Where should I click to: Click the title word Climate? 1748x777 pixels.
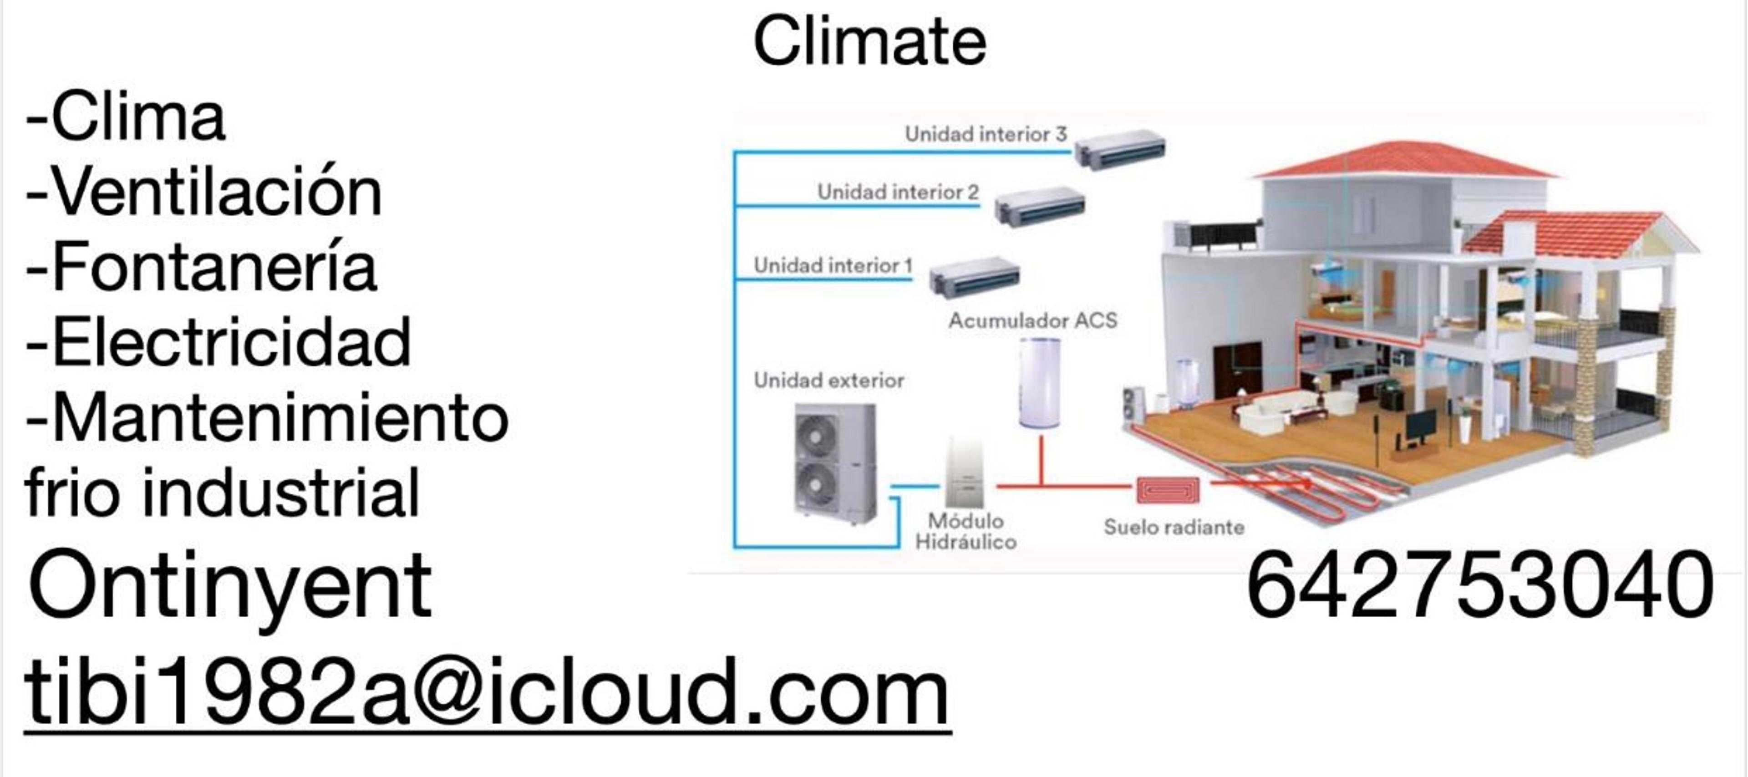tap(869, 41)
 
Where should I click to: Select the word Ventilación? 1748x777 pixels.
tap(217, 192)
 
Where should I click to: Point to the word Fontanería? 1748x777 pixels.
tap(214, 267)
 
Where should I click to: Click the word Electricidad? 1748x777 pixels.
tap(231, 341)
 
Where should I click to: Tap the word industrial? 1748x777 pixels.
tap(281, 492)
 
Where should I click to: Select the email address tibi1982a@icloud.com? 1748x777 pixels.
tap(487, 692)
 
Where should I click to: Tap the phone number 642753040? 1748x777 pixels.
tap(1479, 585)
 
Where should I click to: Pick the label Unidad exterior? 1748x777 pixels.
tap(828, 380)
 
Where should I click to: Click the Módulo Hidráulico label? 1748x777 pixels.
tap(965, 531)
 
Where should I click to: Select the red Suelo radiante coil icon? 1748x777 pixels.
tap(1168, 489)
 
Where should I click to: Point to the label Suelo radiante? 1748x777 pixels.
tap(1174, 527)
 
